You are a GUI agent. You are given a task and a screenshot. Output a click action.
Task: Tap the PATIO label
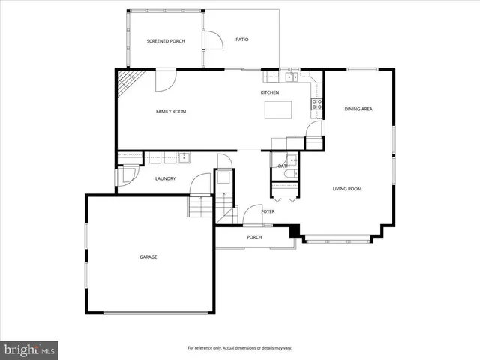tap(241, 39)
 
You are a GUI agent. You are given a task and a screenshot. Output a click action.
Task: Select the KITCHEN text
tap(269, 92)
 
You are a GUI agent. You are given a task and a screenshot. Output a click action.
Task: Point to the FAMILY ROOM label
tap(170, 111)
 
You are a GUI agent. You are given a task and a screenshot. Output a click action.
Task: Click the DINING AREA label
tap(358, 109)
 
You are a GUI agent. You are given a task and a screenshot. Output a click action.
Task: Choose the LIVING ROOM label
tap(347, 189)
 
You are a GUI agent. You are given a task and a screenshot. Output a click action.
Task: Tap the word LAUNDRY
tap(165, 178)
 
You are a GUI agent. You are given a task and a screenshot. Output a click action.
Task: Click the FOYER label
tap(268, 211)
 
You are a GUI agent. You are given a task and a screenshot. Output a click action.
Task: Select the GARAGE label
tap(148, 257)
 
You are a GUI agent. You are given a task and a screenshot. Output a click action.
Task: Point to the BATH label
tap(283, 166)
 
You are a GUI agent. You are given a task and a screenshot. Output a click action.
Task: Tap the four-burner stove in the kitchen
tap(317, 104)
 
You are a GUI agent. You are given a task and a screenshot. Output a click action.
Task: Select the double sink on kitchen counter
tap(289, 76)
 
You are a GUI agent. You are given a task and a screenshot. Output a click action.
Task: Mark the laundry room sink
tap(183, 157)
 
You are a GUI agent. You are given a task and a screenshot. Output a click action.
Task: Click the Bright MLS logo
tap(30, 349)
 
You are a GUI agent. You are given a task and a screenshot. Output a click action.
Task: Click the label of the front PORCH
tap(254, 238)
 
